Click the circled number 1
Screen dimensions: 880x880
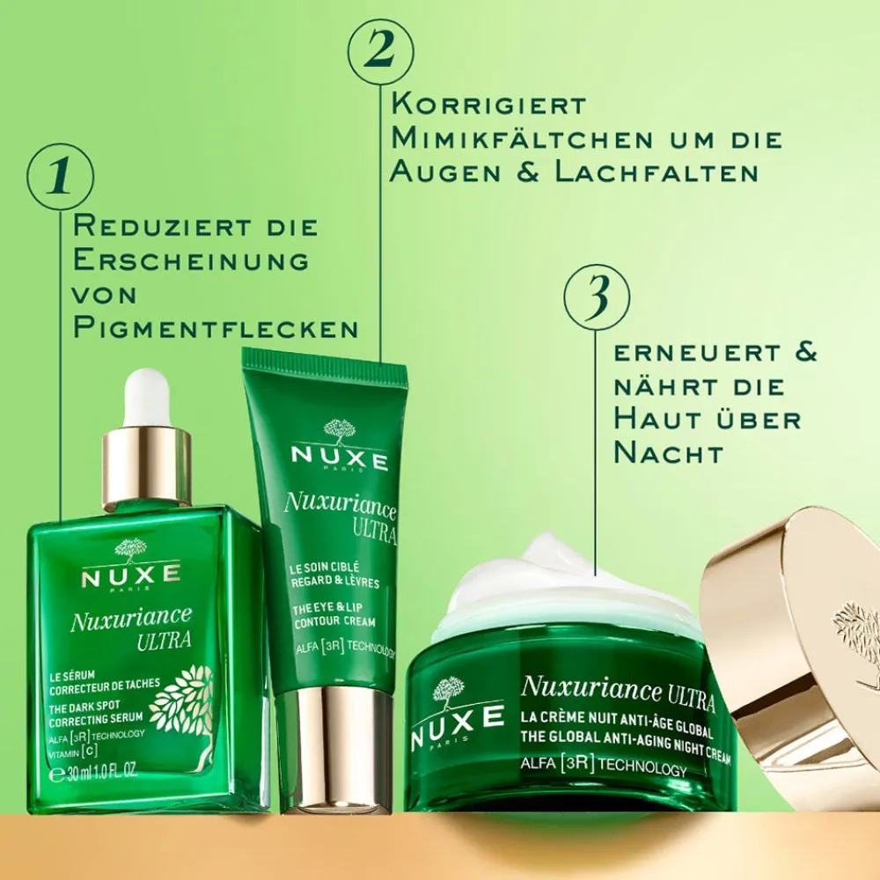point(61,176)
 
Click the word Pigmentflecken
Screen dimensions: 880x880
point(216,328)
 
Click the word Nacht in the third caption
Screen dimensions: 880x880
point(669,452)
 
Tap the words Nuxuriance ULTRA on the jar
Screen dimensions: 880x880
point(616,688)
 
